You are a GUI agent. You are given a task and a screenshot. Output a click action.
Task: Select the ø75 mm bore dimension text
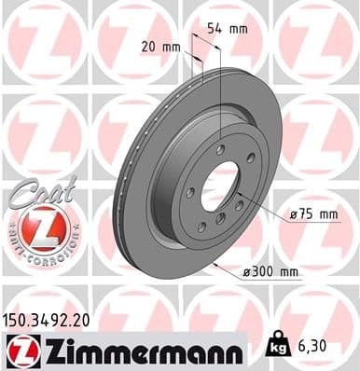313,215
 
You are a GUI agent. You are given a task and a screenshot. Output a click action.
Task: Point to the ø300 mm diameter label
270,272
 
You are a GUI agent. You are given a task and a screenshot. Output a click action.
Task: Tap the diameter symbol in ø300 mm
247,272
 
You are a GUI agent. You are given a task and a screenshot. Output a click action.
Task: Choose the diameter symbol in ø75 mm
294,215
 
